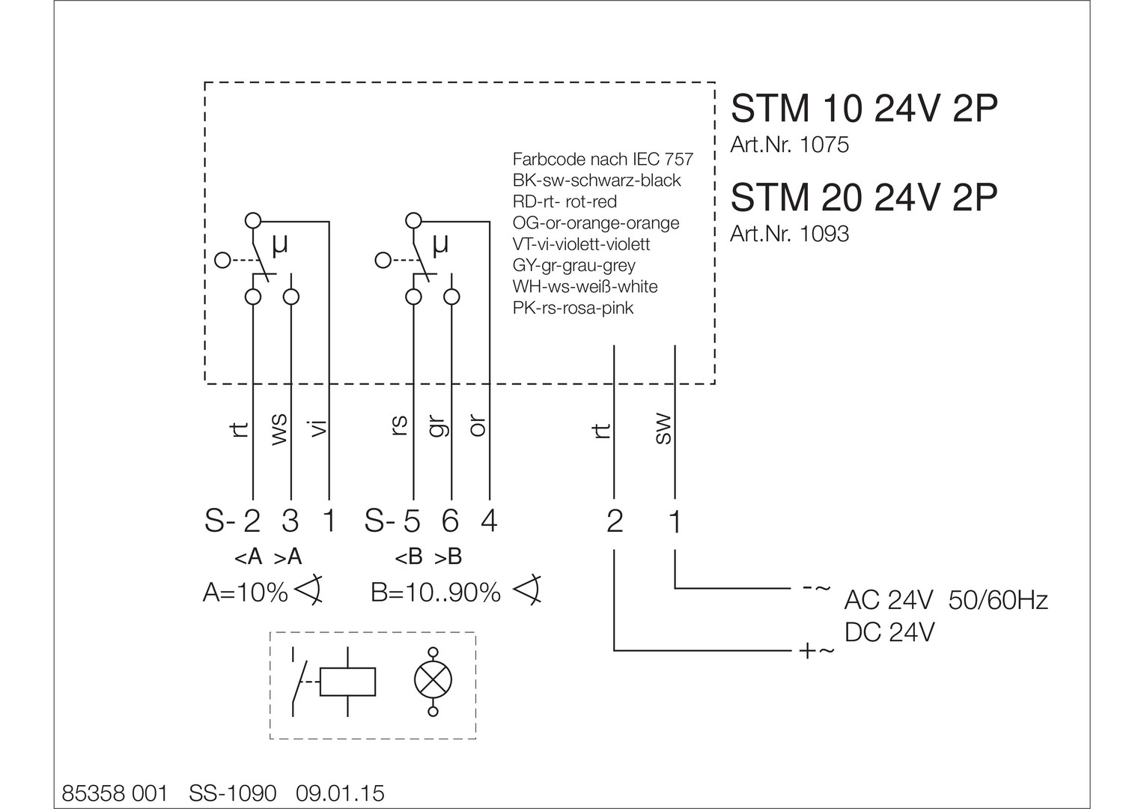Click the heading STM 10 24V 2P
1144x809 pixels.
[864, 109]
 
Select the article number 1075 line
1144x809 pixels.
[789, 145]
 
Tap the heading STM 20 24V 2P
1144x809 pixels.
[864, 198]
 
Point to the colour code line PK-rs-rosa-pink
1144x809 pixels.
[573, 308]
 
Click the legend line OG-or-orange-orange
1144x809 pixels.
[596, 223]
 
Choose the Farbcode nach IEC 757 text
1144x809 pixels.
[603, 160]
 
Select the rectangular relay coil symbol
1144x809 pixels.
[347, 682]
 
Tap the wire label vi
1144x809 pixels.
[318, 428]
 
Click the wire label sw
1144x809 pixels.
[663, 429]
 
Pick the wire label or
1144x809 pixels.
[478, 426]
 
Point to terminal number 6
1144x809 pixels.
[450, 521]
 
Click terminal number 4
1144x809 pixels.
[488, 521]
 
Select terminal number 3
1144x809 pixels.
[290, 521]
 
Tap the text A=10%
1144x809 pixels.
[246, 593]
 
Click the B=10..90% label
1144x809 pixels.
[436, 593]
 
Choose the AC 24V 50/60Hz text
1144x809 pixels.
[946, 600]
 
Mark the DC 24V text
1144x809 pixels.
[889, 633]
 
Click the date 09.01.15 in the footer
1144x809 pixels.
[341, 793]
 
